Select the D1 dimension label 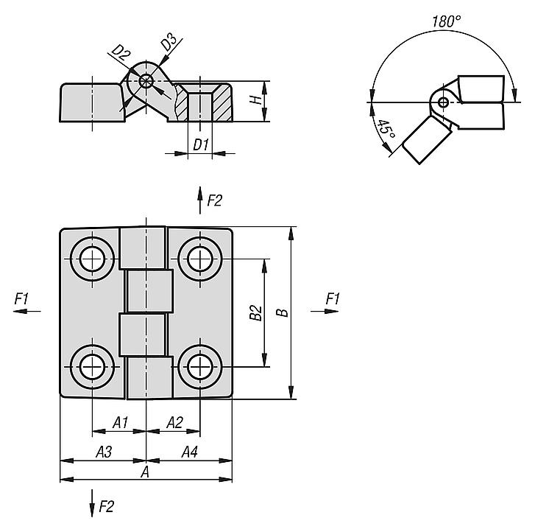[200, 144]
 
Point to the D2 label [121, 52]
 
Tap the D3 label [169, 43]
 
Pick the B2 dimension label [255, 313]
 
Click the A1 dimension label [120, 422]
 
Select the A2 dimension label [174, 422]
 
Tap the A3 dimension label [104, 452]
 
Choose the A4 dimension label [189, 452]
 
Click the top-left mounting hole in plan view [93, 259]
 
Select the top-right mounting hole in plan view [199, 259]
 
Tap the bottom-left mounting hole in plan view [93, 365]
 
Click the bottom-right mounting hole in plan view [199, 365]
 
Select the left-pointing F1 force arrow [28, 312]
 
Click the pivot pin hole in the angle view [442, 102]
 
